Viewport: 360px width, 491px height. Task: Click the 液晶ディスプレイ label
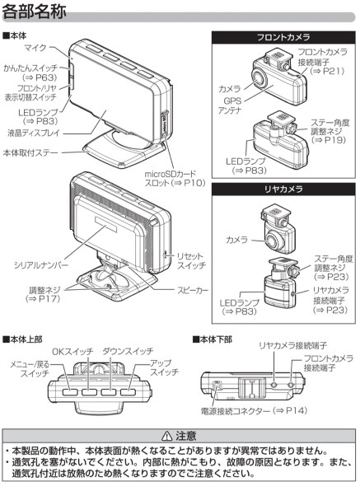34,133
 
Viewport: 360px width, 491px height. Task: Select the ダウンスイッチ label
129,352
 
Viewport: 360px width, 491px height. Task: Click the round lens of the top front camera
260,79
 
